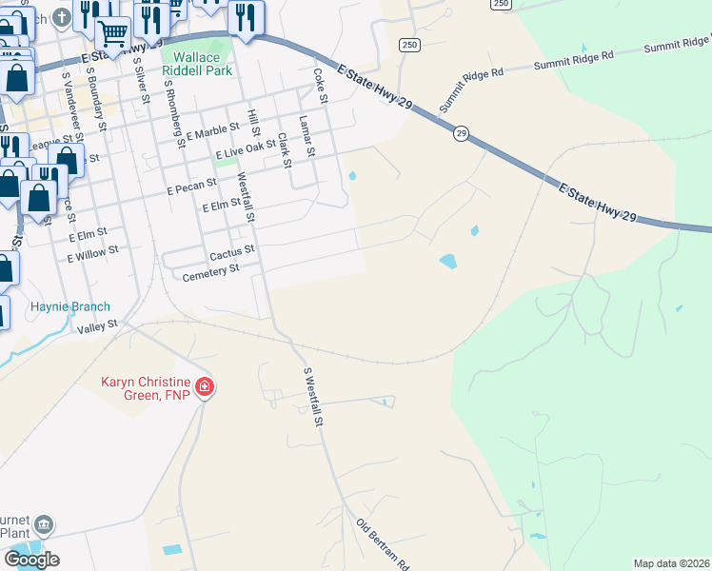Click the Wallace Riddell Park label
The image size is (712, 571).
click(190, 64)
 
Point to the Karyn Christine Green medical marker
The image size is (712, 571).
click(205, 387)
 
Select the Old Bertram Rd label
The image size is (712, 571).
click(383, 544)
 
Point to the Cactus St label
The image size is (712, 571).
click(232, 251)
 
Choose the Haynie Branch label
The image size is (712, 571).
click(70, 306)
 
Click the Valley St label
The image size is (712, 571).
click(97, 325)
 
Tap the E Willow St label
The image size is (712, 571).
click(92, 253)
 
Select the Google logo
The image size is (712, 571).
click(31, 560)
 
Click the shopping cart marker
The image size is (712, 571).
click(112, 34)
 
